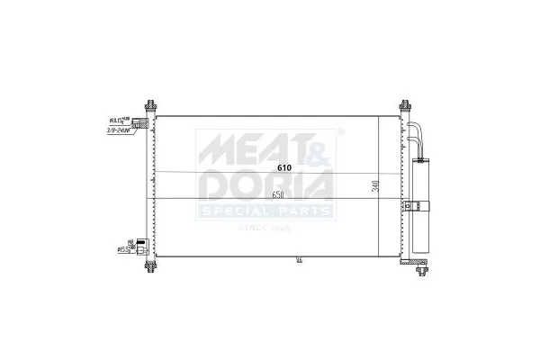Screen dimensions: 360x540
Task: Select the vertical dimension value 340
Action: (x=374, y=188)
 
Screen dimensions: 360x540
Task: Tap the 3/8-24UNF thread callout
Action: (x=113, y=130)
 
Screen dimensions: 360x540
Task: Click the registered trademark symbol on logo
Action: (x=340, y=132)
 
